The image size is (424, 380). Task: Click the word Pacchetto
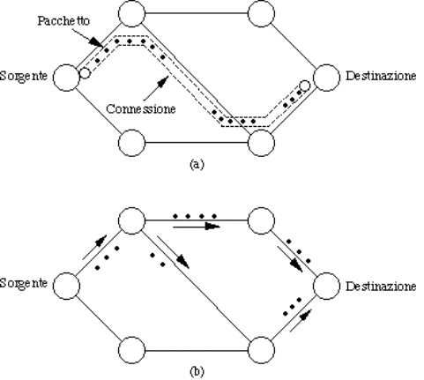[63, 21]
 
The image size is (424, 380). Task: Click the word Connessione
[141, 108]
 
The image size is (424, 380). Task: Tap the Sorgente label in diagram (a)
[23, 76]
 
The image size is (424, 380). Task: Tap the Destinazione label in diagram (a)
[381, 76]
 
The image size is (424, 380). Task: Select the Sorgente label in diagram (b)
[23, 283]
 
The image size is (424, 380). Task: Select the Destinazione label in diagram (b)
[381, 286]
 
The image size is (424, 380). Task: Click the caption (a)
[197, 164]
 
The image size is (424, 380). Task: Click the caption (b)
[197, 371]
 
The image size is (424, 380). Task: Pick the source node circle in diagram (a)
[66, 78]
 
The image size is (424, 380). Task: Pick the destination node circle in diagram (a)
[327, 78]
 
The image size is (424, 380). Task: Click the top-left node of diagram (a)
[131, 13]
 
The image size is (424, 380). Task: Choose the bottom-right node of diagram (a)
[261, 143]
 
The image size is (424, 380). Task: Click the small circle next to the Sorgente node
[85, 73]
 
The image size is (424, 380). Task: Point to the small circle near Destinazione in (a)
[305, 86]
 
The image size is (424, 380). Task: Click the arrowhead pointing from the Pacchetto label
[96, 42]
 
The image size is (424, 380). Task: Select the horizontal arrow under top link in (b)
[197, 227]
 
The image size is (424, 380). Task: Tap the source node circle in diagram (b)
[66, 286]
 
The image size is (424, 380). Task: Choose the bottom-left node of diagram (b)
[131, 350]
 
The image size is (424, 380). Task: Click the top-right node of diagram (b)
[261, 220]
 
